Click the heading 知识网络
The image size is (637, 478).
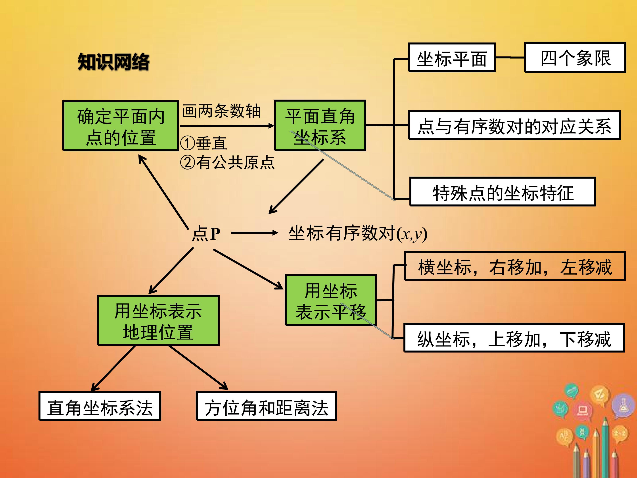point(114,62)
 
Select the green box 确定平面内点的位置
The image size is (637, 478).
point(121,126)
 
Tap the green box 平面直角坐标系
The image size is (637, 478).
point(320,126)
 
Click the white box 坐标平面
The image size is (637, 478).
point(452,58)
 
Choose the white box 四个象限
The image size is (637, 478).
point(575,58)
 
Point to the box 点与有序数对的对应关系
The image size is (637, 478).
point(514,125)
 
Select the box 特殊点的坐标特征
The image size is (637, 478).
point(503,192)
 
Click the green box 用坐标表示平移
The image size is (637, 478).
point(331,300)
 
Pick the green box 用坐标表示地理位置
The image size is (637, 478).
point(158,320)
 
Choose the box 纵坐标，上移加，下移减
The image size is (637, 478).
point(514,338)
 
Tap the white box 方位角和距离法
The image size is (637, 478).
point(266,406)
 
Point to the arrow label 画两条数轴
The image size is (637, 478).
point(221,111)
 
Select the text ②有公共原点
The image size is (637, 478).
point(227,162)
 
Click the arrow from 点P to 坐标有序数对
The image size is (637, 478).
point(255,233)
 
